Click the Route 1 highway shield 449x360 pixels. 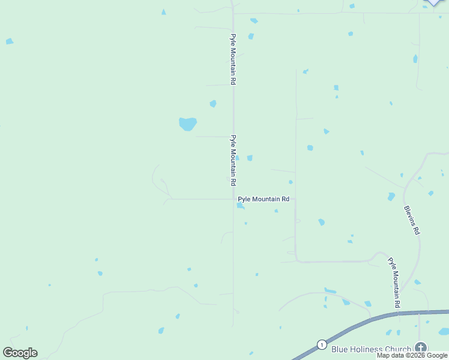coord(322,344)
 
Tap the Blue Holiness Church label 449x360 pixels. coord(371,349)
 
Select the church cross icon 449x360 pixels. coord(421,347)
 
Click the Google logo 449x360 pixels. coord(20,353)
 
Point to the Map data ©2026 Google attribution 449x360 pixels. coord(412,356)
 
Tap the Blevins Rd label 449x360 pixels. coord(412,220)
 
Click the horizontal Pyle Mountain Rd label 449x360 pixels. coord(264,199)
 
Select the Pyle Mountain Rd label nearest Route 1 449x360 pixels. coord(393,283)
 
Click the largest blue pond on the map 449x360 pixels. coord(188,124)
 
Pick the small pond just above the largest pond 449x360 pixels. coord(213,104)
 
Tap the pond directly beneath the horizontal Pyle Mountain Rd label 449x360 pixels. coord(240,206)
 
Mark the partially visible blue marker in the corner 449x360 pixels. coord(433,2)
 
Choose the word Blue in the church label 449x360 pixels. coord(340,349)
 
